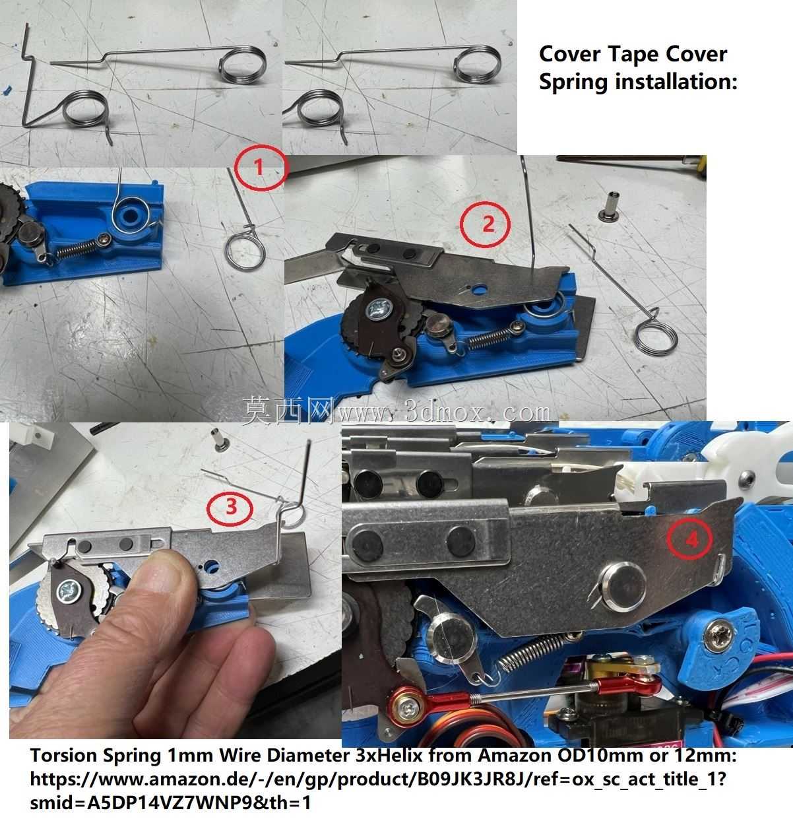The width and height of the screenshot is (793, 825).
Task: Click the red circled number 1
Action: pyautogui.click(x=260, y=168)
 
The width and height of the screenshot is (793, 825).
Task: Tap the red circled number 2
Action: pyautogui.click(x=486, y=224)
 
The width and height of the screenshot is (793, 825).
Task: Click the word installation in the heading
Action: pyautogui.click(x=676, y=82)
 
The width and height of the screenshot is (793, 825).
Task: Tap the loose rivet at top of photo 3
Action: pyautogui.click(x=220, y=439)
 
